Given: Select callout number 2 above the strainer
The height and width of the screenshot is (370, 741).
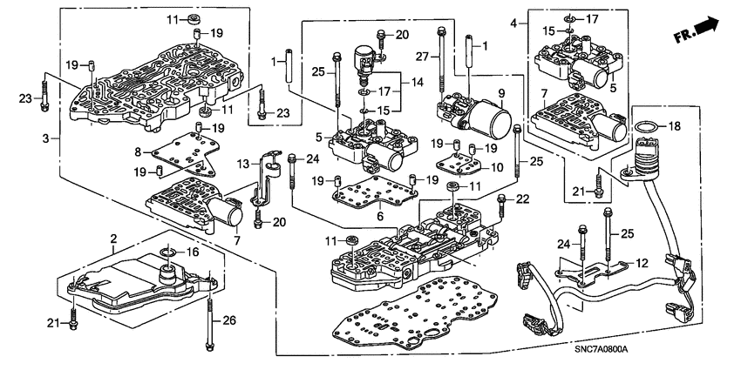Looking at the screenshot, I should tap(112, 239).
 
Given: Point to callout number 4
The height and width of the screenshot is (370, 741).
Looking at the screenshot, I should tap(514, 22).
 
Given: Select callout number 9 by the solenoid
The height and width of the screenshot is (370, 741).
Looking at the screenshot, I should tap(501, 92).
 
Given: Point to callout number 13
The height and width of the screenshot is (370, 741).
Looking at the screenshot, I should tap(244, 163).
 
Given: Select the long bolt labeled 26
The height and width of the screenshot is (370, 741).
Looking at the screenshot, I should tap(210, 321).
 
